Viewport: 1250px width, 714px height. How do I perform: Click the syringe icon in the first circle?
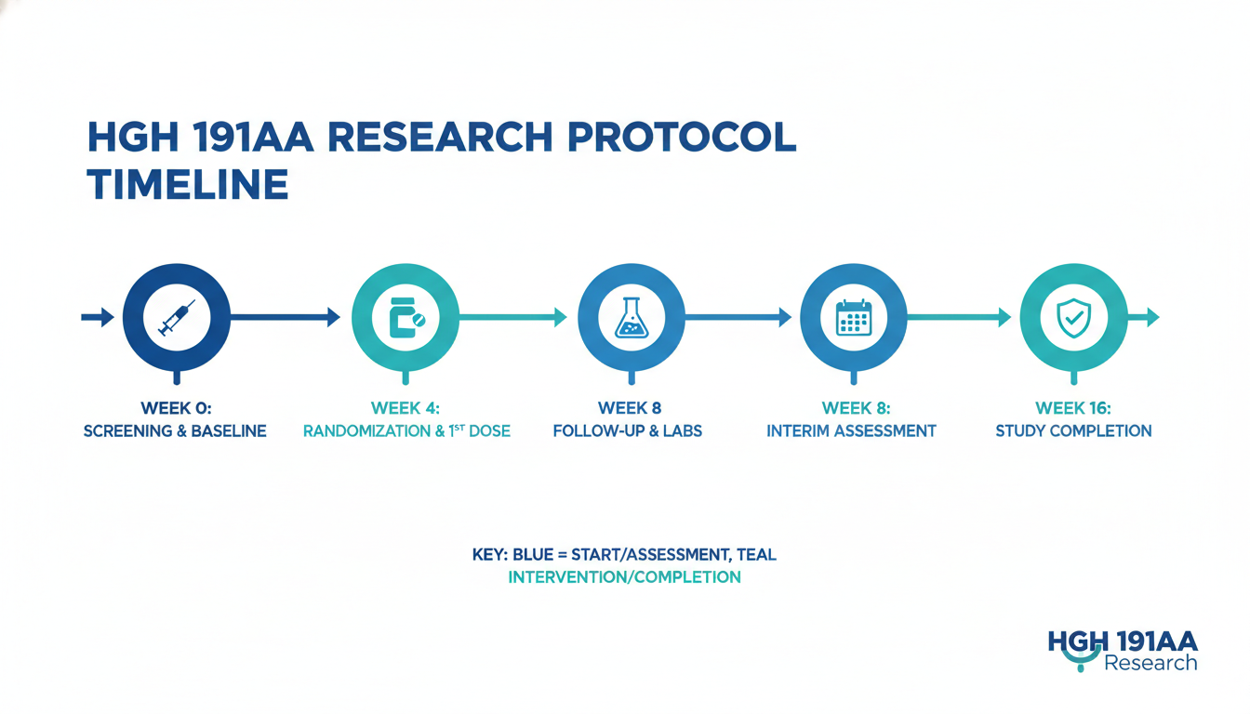177,317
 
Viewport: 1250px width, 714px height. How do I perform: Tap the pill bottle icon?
406,317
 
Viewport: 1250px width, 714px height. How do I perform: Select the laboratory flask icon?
632,317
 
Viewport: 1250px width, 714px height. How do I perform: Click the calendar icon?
853,317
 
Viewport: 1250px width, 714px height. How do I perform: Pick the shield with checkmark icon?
1073,317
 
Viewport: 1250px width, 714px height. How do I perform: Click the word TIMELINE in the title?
188,184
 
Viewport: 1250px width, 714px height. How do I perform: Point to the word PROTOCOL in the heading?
682,137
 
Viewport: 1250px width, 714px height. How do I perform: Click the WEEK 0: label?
176,408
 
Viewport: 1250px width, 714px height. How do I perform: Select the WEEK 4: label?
406,408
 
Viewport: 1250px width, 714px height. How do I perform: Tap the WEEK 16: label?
1073,408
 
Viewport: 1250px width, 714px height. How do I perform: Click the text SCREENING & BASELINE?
175,431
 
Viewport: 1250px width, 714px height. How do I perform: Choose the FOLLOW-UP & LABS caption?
627,431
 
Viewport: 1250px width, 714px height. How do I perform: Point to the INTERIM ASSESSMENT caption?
851,431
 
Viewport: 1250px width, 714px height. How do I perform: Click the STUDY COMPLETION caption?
1073,431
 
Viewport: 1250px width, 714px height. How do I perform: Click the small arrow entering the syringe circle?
98,317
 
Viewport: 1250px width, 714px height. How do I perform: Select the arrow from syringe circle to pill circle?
286,317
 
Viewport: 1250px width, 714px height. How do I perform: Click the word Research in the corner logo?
1150,663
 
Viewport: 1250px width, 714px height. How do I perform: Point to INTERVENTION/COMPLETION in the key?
624,576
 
